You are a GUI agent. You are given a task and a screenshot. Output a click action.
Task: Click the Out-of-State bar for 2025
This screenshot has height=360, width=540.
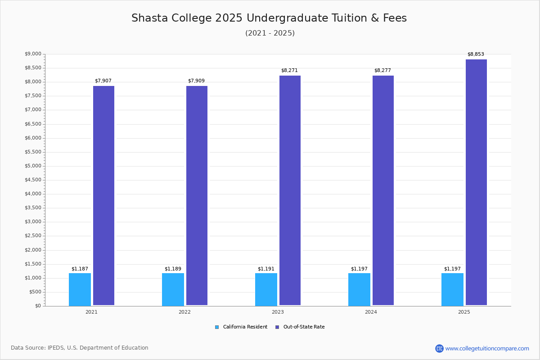[x=476, y=182]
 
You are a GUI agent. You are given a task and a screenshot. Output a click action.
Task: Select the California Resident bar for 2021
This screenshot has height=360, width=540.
[x=80, y=290]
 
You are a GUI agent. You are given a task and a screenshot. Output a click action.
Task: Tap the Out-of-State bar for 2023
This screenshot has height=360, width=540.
[x=290, y=190]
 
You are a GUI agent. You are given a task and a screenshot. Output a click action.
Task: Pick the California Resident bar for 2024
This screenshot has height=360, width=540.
[x=359, y=290]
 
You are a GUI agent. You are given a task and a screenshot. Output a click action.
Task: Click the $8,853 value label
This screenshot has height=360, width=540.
[x=476, y=54]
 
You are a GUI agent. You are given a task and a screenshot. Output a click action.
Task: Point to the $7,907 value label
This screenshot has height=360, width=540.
[x=103, y=81]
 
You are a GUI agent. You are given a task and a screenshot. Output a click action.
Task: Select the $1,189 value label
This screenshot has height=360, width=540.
[x=173, y=269]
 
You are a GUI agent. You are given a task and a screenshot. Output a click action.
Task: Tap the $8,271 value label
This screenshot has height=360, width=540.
[x=289, y=70]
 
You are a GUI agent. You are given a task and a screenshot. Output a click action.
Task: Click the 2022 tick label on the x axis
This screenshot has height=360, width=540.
[x=184, y=312]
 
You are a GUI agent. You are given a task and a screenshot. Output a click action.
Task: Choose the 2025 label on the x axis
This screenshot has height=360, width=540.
[x=464, y=312]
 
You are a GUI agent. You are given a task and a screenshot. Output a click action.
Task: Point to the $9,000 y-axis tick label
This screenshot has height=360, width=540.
[x=33, y=54]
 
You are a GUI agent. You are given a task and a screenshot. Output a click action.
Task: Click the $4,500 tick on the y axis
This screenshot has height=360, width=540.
[x=33, y=180]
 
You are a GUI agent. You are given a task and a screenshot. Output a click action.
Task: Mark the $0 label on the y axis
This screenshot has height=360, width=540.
[x=38, y=306]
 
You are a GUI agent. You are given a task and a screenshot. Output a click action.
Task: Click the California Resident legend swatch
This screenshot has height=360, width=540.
[x=217, y=327]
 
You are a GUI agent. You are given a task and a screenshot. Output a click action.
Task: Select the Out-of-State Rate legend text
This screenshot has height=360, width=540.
[x=304, y=327]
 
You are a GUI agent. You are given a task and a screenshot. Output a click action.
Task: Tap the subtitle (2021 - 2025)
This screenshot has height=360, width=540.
[x=270, y=33]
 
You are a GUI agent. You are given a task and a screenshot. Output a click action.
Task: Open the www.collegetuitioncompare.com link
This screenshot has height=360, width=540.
[x=487, y=348]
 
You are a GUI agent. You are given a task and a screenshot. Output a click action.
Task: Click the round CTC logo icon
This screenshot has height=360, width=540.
[x=440, y=348]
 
